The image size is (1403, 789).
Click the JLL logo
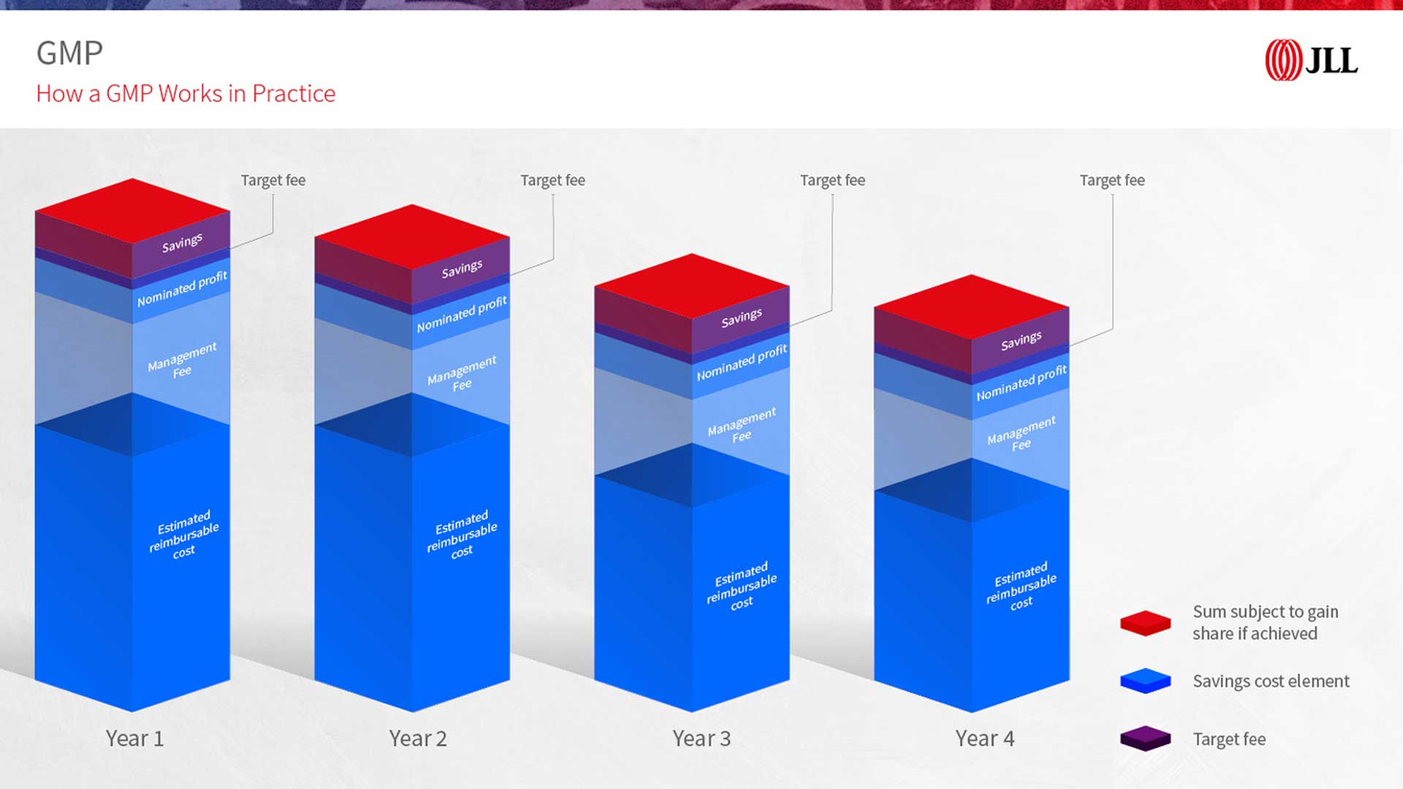click(x=1312, y=60)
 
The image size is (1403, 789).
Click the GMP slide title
click(x=69, y=53)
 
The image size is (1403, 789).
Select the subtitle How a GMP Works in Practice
click(x=186, y=94)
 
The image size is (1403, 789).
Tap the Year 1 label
click(x=134, y=739)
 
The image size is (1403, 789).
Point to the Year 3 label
click(x=701, y=739)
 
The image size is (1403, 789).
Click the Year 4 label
click(x=985, y=739)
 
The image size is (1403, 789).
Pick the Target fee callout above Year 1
click(x=273, y=181)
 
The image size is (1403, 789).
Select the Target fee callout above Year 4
click(x=1112, y=181)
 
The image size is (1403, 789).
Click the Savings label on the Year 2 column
click(x=462, y=269)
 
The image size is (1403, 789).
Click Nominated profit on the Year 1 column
click(x=182, y=289)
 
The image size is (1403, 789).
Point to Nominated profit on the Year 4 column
click(x=1022, y=383)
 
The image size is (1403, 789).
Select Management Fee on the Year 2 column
click(x=462, y=374)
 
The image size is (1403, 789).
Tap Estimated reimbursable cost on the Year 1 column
click(x=184, y=535)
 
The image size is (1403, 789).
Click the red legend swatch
click(x=1145, y=623)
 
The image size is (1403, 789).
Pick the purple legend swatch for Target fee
click(x=1145, y=739)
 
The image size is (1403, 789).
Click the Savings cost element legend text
click(x=1271, y=682)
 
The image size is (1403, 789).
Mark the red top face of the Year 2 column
click(x=412, y=237)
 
